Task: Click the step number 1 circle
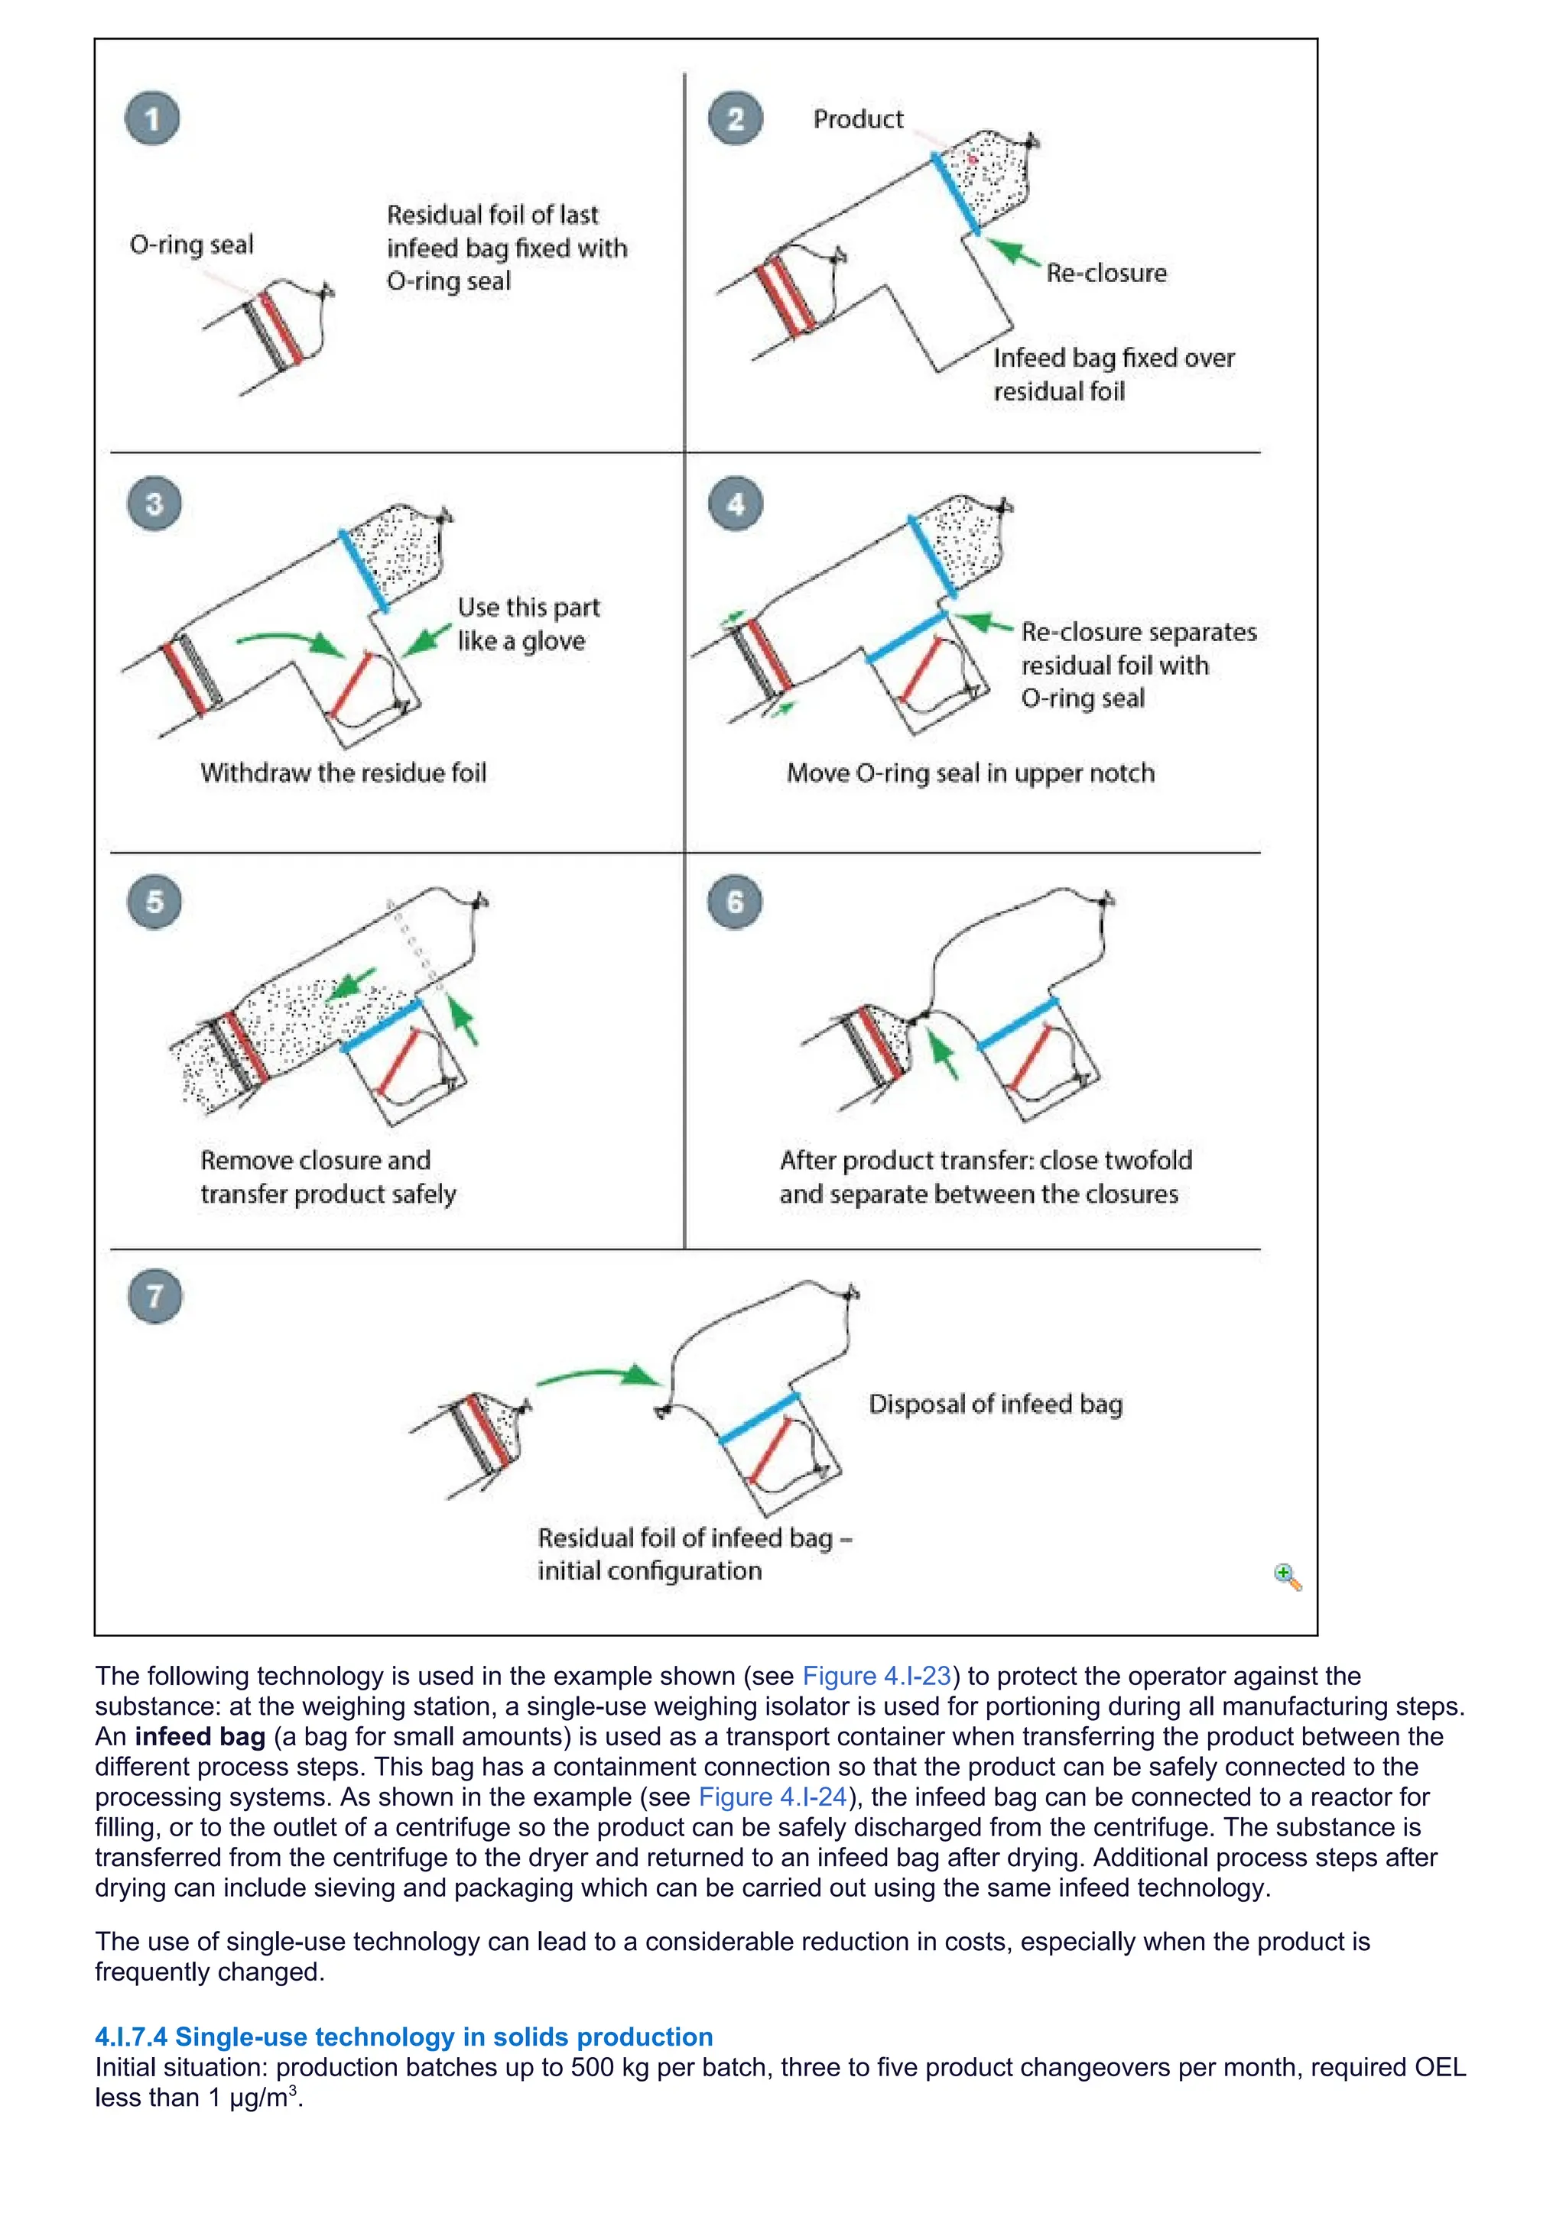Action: pos(152,118)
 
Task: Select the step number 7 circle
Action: pos(155,1295)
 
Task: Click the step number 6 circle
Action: pos(735,902)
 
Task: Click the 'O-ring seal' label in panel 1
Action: pos(191,245)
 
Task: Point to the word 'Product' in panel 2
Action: pos(857,118)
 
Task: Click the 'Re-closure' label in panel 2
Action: pos(1106,273)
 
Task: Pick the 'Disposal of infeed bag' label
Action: pos(995,1403)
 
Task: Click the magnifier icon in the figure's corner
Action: pos(1288,1577)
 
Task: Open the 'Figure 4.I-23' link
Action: pos(876,1676)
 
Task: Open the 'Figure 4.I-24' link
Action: pos(772,1797)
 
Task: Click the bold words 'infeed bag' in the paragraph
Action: pos(200,1737)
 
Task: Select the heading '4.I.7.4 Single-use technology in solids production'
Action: pos(403,2036)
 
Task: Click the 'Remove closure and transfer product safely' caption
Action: pos(328,1177)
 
